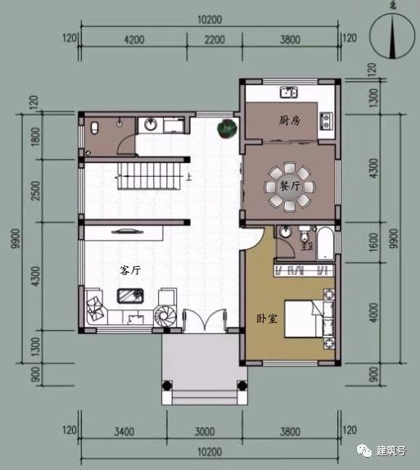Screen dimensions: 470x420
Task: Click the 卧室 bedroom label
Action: (x=266, y=319)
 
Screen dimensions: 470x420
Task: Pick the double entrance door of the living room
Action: (x=201, y=320)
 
